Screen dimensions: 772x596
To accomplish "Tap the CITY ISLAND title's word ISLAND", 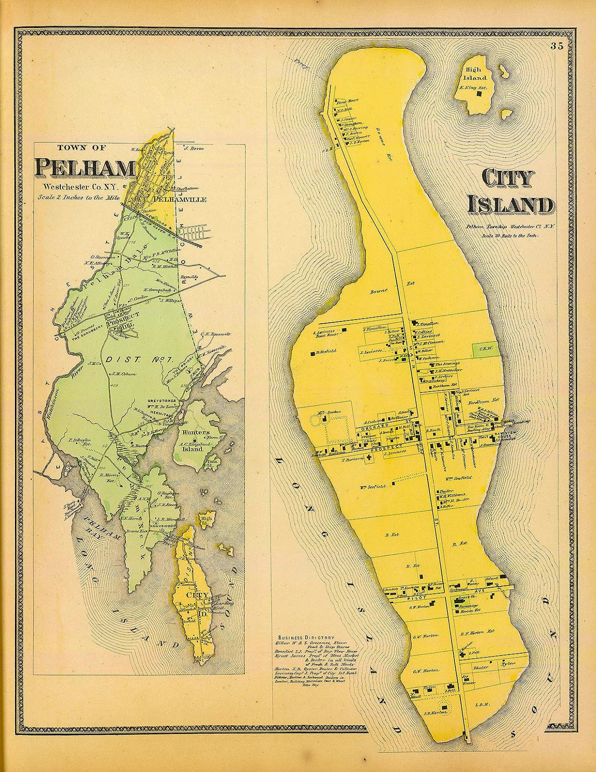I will pos(510,206).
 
